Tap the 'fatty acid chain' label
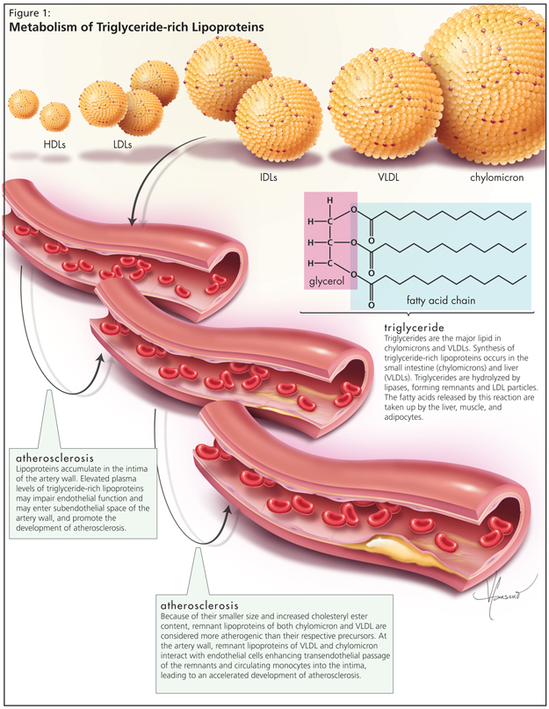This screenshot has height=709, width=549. point(440,300)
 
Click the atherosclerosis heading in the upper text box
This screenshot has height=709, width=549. point(61,459)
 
